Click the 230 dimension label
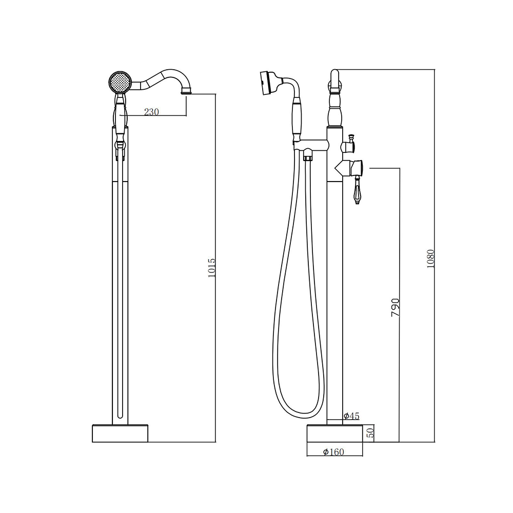(151, 112)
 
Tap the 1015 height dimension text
(212, 268)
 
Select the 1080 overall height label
(430, 259)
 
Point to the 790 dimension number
(396, 307)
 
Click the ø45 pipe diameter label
(351, 416)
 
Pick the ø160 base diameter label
(333, 452)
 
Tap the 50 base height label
(370, 433)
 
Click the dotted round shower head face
(120, 83)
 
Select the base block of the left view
(120, 433)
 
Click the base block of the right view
(334, 433)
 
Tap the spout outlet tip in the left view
(186, 93)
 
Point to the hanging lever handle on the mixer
(357, 190)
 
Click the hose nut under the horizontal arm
(307, 154)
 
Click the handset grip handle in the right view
(297, 120)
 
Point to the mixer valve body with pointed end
(348, 168)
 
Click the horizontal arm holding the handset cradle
(310, 144)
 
